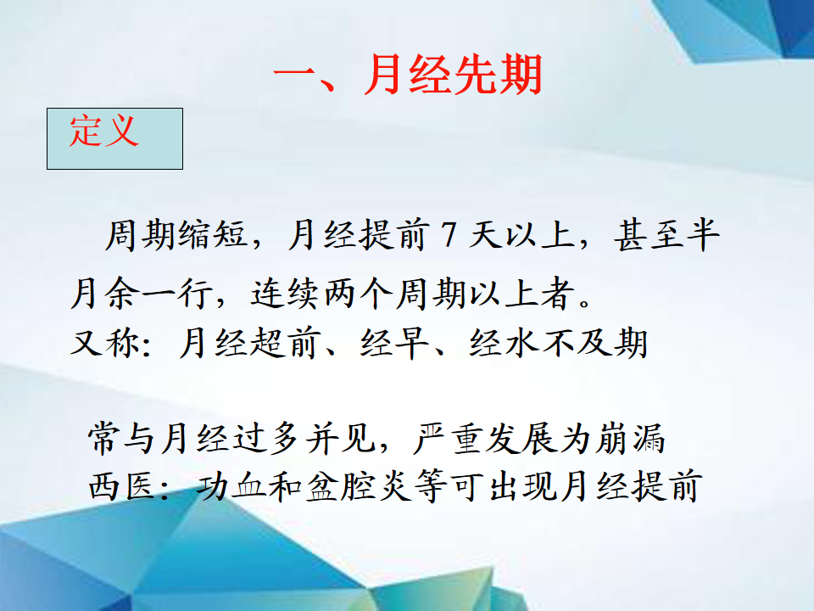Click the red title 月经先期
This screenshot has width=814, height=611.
453,75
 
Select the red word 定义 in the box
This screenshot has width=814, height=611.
104,131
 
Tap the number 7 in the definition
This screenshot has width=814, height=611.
449,235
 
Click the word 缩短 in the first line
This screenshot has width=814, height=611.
212,235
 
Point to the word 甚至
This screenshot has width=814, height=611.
649,235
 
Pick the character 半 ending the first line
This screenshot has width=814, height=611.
703,235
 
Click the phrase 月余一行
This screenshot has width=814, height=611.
141,294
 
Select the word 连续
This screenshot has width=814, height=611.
285,294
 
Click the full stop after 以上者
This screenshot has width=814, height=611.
584,302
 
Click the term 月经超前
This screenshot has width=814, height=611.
248,344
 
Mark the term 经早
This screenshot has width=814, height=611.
394,344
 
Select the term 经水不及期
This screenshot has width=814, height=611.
559,344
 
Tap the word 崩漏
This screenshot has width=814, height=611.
630,439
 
